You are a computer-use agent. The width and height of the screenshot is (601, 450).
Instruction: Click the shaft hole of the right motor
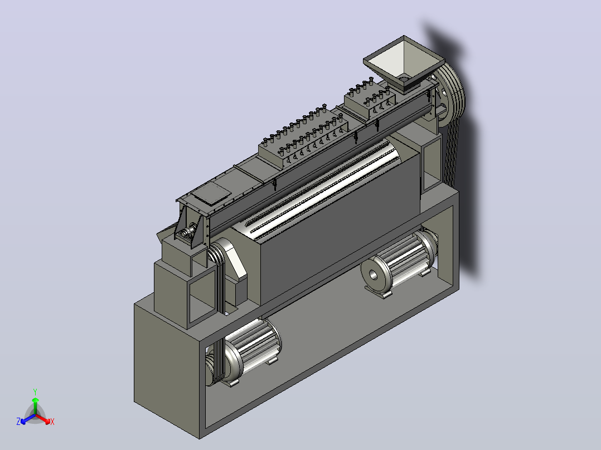click(x=373, y=275)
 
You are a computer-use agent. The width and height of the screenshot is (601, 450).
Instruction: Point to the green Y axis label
click(x=35, y=392)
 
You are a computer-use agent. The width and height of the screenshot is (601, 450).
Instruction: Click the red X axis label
click(x=52, y=422)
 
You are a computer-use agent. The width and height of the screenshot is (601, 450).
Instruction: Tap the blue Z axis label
click(x=18, y=422)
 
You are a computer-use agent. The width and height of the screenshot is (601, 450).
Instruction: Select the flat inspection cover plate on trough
click(x=211, y=192)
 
